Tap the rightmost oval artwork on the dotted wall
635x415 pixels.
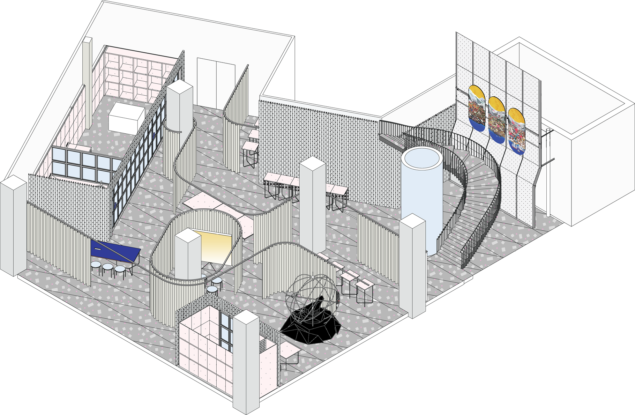[516, 131]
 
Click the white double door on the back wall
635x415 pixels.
[216, 84]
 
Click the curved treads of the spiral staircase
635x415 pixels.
[468, 209]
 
